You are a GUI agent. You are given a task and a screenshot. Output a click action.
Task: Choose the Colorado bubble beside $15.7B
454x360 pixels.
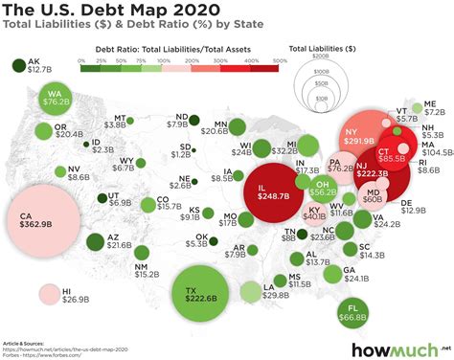coord(148,203)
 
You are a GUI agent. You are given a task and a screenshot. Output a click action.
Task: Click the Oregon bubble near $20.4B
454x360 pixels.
coord(45,130)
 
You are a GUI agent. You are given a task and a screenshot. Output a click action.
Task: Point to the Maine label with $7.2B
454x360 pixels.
coord(430,107)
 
